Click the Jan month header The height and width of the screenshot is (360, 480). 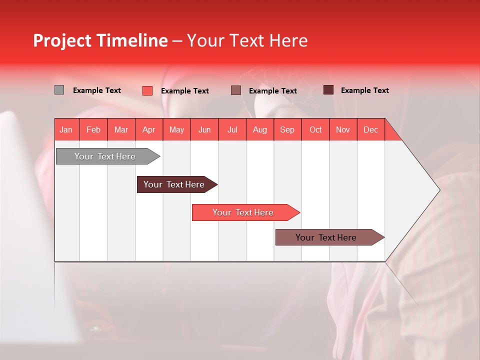coord(66,129)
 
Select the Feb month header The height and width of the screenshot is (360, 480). coord(93,129)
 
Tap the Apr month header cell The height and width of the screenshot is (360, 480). coord(148,129)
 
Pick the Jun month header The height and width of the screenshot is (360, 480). coord(204,129)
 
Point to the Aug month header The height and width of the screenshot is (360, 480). coord(260,129)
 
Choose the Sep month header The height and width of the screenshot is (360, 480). coord(287,129)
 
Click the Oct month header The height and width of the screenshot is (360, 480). coord(315,129)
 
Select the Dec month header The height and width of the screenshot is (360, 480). coord(370,129)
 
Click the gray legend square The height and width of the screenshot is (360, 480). coord(59,90)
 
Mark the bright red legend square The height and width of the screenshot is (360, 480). coord(147,90)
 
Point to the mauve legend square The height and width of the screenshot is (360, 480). coord(236,90)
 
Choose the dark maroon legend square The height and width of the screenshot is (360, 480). coord(328,90)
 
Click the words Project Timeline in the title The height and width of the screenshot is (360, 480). coord(100,40)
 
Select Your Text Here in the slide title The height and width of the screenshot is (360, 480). coord(247,40)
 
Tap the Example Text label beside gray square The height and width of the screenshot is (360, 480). coord(97,90)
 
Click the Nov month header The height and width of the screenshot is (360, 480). coord(343,129)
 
